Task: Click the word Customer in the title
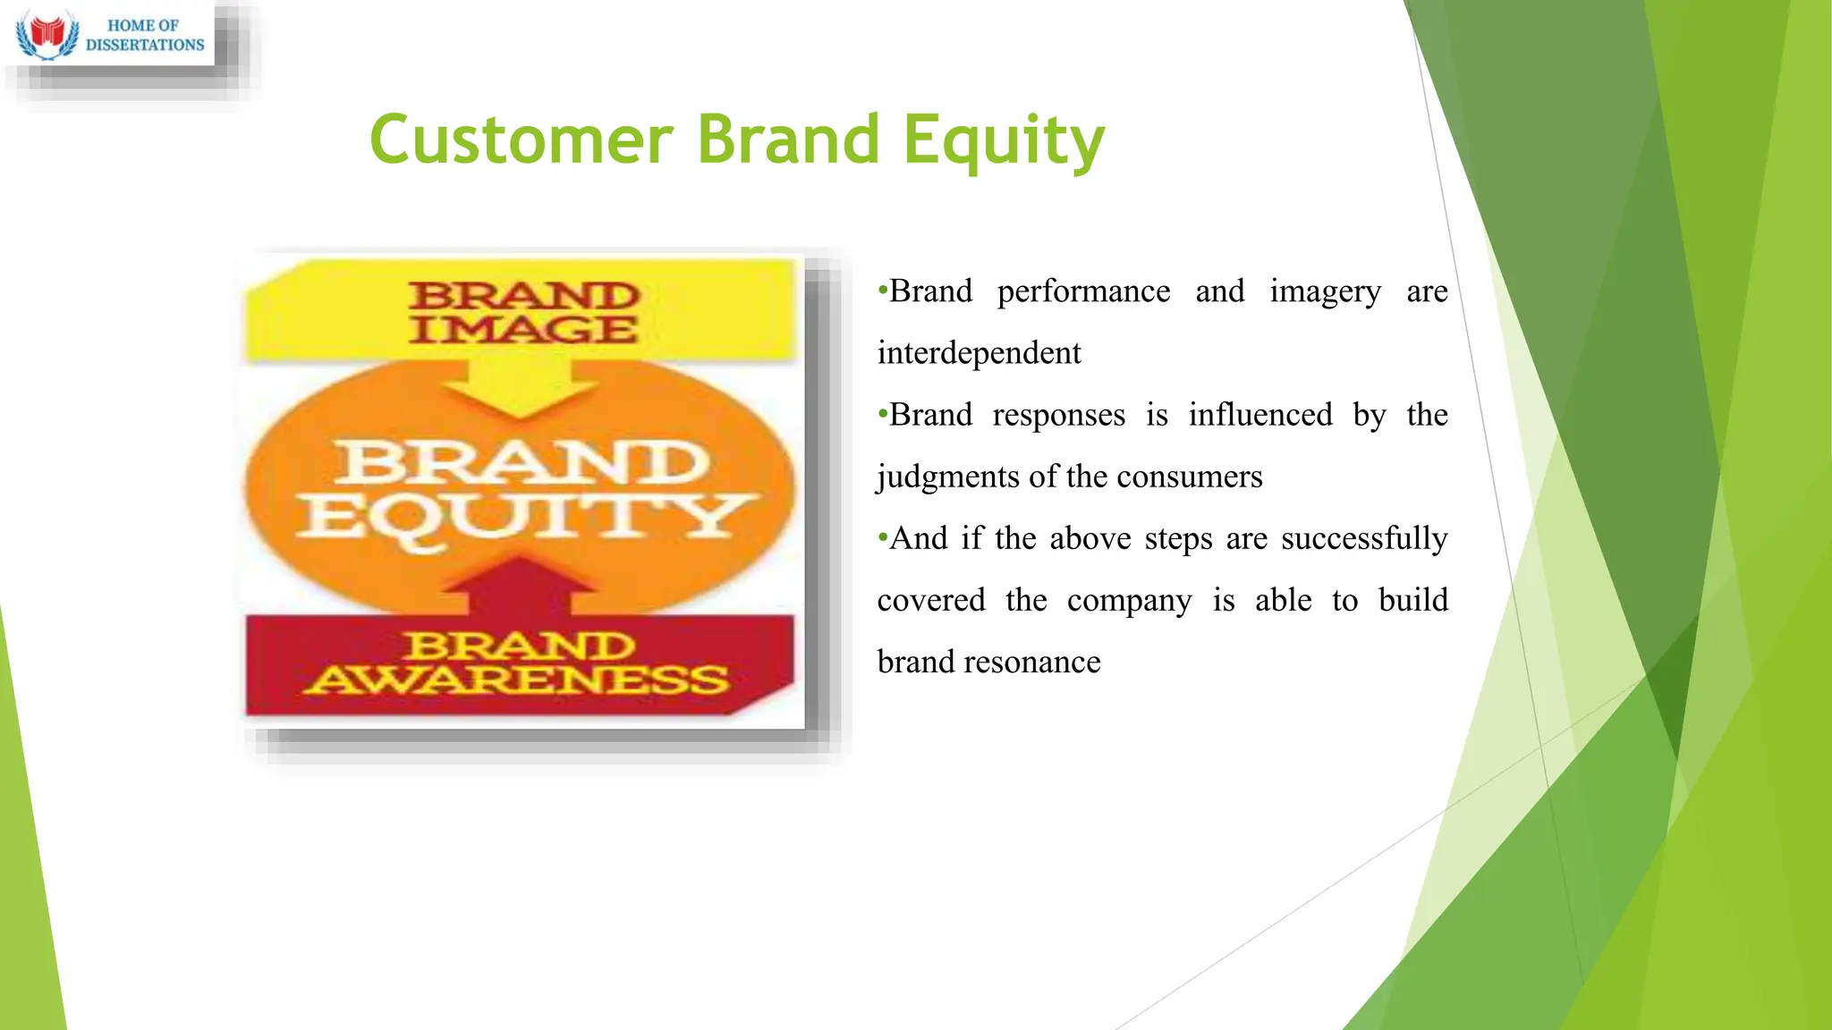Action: [x=521, y=140]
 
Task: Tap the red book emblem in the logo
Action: [x=47, y=34]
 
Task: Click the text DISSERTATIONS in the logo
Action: [x=145, y=45]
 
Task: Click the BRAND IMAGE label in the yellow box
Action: [x=523, y=312]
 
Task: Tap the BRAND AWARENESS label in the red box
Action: [x=519, y=663]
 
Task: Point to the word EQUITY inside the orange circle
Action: [x=526, y=518]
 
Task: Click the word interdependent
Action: [x=979, y=353]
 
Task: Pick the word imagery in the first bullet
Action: [x=1325, y=291]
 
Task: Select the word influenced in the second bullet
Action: [x=1259, y=415]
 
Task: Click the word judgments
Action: [x=948, y=477]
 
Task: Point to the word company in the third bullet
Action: [x=1129, y=600]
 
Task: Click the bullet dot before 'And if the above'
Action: [x=883, y=537]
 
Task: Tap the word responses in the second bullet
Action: [x=1058, y=415]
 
